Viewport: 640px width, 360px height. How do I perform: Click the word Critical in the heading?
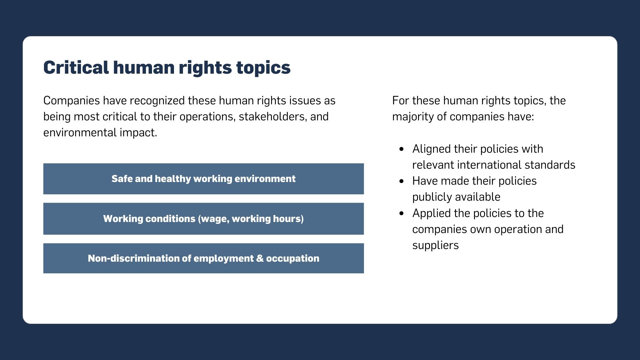coord(76,67)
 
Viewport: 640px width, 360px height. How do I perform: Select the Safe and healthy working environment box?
coord(203,179)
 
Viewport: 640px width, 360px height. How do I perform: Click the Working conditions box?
coord(203,219)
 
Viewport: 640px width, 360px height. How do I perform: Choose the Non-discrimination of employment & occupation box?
coord(203,258)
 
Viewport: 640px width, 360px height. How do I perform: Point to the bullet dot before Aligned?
coord(401,149)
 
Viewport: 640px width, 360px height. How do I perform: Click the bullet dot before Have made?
coord(401,181)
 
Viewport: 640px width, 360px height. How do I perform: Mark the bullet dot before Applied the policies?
coord(401,213)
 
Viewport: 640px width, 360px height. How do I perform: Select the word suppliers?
coord(435,246)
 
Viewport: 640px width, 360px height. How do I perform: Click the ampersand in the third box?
coord(260,258)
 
